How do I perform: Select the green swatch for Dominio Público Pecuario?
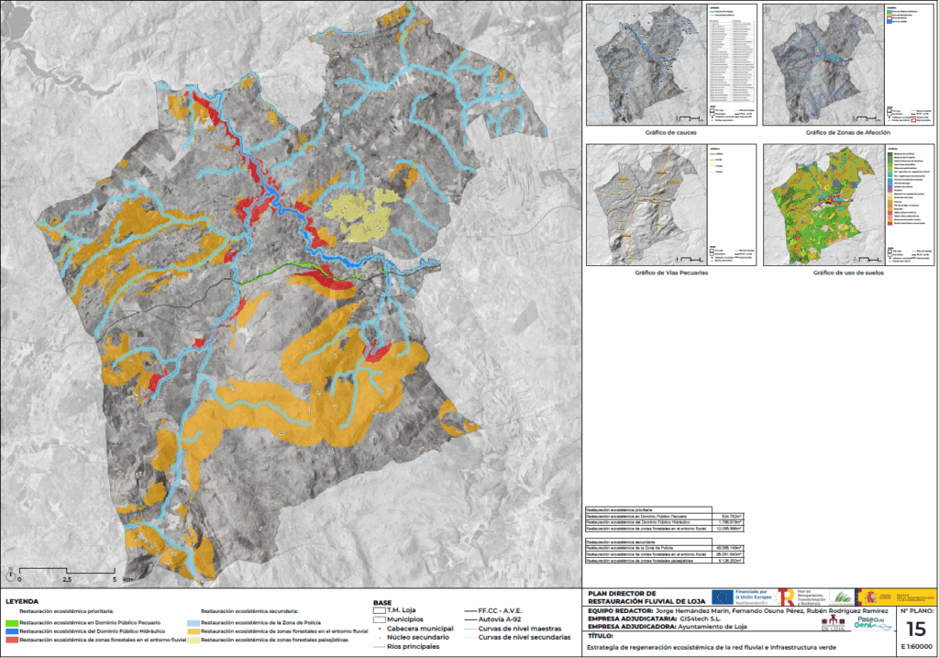click(11, 623)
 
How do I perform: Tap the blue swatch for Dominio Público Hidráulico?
click(11, 631)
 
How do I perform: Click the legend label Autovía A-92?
click(498, 621)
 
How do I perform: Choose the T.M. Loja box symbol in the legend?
click(379, 610)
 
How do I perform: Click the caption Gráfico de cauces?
click(670, 133)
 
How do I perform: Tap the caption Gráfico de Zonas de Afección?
click(848, 133)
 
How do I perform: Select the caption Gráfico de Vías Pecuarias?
click(670, 273)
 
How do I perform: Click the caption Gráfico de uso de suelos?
click(848, 273)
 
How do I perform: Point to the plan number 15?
click(915, 630)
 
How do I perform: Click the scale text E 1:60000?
click(916, 646)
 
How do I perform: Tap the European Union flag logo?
click(735, 597)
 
